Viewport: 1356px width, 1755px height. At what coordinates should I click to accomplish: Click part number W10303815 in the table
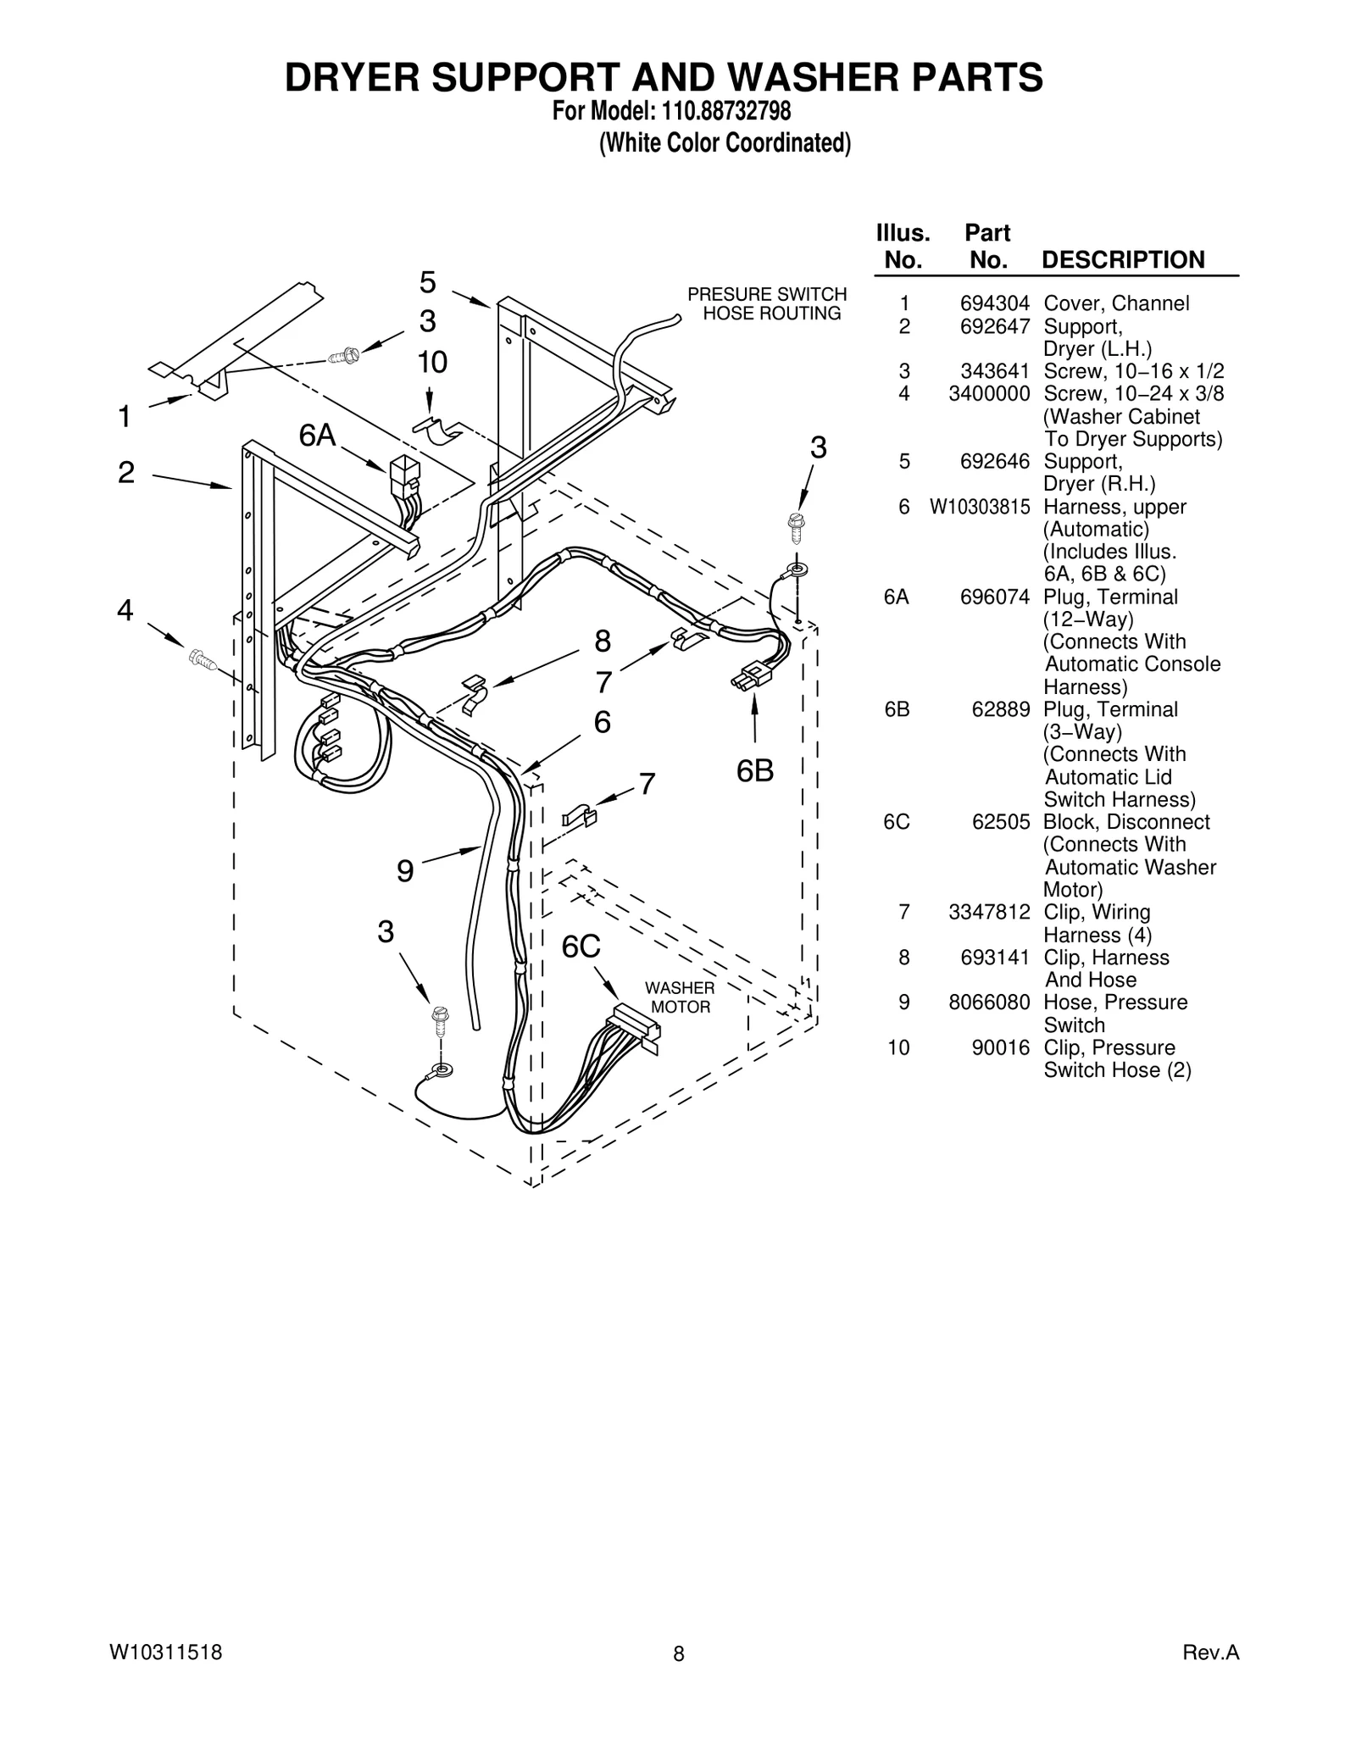click(980, 507)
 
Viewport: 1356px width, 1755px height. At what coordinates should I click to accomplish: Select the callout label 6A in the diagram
click(317, 436)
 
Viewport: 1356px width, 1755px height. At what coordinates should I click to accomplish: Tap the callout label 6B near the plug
click(754, 771)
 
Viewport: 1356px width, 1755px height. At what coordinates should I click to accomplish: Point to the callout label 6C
click(581, 947)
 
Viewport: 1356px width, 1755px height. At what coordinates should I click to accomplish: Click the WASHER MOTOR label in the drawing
click(680, 997)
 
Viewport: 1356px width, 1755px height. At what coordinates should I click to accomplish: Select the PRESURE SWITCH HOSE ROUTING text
click(767, 303)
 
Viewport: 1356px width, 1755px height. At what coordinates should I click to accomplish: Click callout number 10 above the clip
click(432, 363)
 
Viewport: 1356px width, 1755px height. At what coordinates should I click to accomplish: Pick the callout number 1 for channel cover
click(125, 417)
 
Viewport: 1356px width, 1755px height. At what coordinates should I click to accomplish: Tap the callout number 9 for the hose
click(405, 871)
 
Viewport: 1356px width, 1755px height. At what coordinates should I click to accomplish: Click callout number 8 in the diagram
click(603, 641)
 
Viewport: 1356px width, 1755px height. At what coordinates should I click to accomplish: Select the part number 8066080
click(989, 1002)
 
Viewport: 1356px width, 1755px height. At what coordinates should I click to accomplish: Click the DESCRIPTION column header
click(1122, 259)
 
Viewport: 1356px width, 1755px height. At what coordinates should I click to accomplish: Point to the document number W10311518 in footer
click(166, 1652)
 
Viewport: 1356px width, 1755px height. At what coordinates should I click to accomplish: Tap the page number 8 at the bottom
click(678, 1653)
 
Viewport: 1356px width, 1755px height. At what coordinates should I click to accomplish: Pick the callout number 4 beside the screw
click(125, 609)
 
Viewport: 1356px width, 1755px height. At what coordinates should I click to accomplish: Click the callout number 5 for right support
click(428, 281)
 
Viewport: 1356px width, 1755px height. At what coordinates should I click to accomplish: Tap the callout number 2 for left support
click(126, 472)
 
